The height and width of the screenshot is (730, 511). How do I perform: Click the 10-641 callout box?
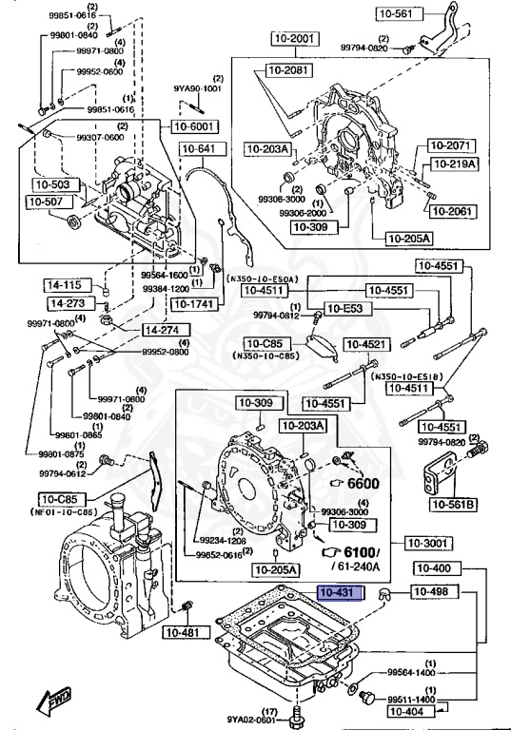tap(199, 149)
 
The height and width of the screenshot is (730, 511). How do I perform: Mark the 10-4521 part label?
tap(365, 344)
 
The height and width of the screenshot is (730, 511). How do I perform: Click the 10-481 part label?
tap(182, 632)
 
